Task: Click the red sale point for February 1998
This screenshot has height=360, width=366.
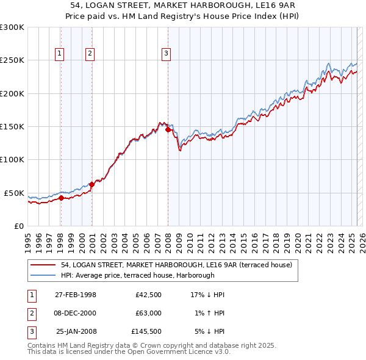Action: tap(61, 198)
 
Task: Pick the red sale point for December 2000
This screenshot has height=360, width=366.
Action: tap(91, 184)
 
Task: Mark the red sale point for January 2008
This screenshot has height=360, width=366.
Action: tap(168, 129)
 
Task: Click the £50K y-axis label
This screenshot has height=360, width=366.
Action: tap(14, 193)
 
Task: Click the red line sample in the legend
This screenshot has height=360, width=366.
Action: tap(43, 265)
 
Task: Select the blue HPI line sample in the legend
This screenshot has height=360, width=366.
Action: tap(43, 276)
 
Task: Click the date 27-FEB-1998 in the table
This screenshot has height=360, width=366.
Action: tap(75, 295)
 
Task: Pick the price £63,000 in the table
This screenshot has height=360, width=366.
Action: tap(147, 313)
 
